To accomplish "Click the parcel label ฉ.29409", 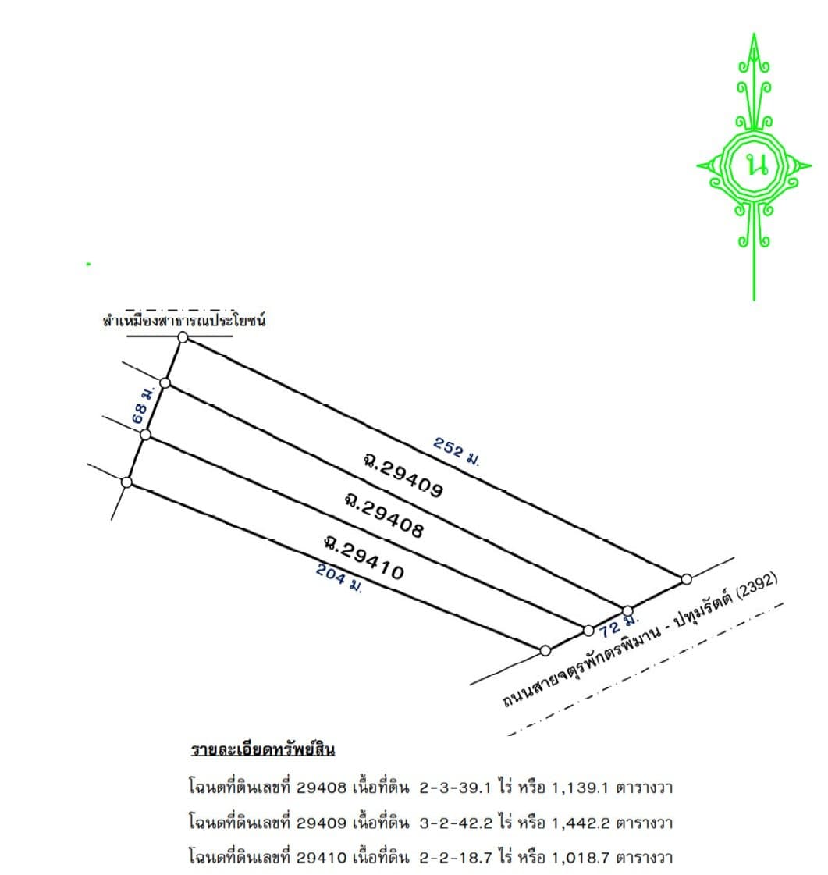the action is pos(403,475).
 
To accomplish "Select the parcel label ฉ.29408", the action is pos(384,514).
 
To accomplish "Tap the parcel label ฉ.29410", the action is pos(364,557).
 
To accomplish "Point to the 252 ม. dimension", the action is pos(456,451).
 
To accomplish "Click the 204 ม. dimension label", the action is pos(339,578).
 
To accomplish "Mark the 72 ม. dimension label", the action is pos(618,625).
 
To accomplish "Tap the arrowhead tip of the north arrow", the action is pos(755,34).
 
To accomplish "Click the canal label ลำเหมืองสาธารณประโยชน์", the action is pos(184,320).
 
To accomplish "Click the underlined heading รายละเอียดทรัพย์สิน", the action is pos(263,749).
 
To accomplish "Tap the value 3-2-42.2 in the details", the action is pos(456,823).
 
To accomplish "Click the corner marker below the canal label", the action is pos(183,337).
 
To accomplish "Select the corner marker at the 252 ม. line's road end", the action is pos(686,578).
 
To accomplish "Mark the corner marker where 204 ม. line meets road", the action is pos(545,650).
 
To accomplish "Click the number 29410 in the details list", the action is pos(322,858).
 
